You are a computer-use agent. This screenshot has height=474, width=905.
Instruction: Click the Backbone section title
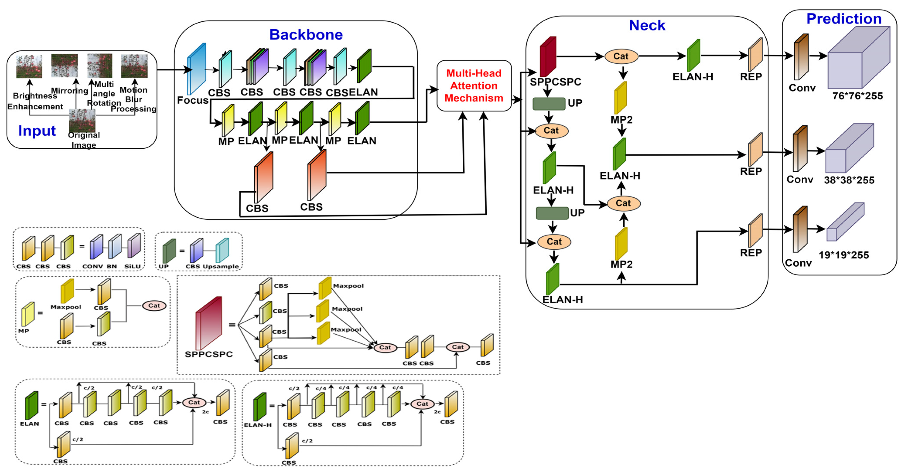pos(306,34)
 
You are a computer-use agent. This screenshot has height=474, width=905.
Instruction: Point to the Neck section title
pos(647,25)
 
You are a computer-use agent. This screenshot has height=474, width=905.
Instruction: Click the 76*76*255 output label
pos(857,96)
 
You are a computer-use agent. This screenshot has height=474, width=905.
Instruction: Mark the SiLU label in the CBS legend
pos(132,266)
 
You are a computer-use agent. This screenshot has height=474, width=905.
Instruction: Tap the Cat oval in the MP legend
pos(154,306)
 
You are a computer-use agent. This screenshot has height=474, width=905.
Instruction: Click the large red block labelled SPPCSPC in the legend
pos(209,323)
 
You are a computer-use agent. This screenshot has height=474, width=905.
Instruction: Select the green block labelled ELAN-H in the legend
pos(260,406)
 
